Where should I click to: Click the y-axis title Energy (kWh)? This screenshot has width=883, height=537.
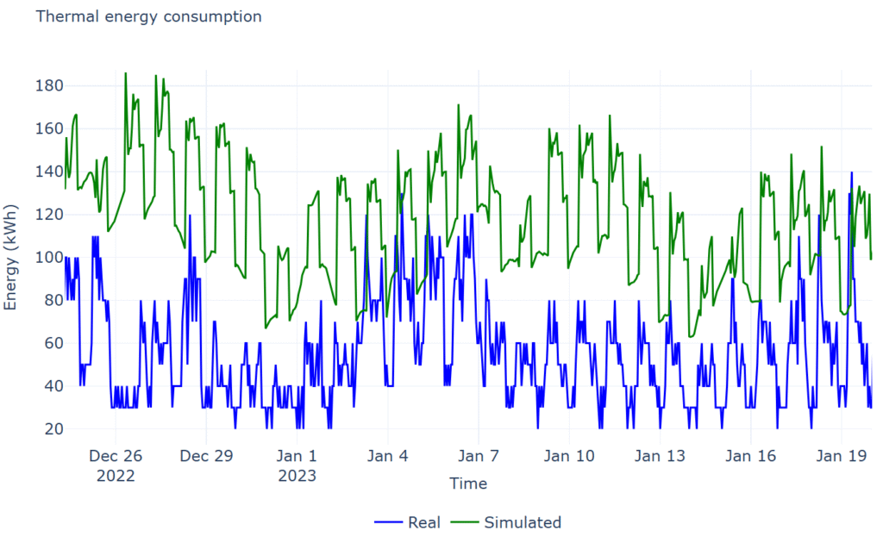tap(11, 257)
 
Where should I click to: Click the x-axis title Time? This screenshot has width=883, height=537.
tap(468, 484)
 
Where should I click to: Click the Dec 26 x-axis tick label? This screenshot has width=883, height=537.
tap(116, 456)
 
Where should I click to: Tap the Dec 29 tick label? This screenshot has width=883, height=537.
tap(206, 456)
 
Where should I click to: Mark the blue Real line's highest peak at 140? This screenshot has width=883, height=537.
tap(852, 172)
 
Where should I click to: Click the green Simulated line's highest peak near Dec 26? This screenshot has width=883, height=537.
tap(125, 73)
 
